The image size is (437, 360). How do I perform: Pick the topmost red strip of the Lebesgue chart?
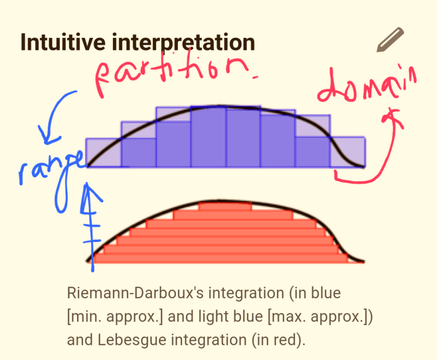coord(225,207)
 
